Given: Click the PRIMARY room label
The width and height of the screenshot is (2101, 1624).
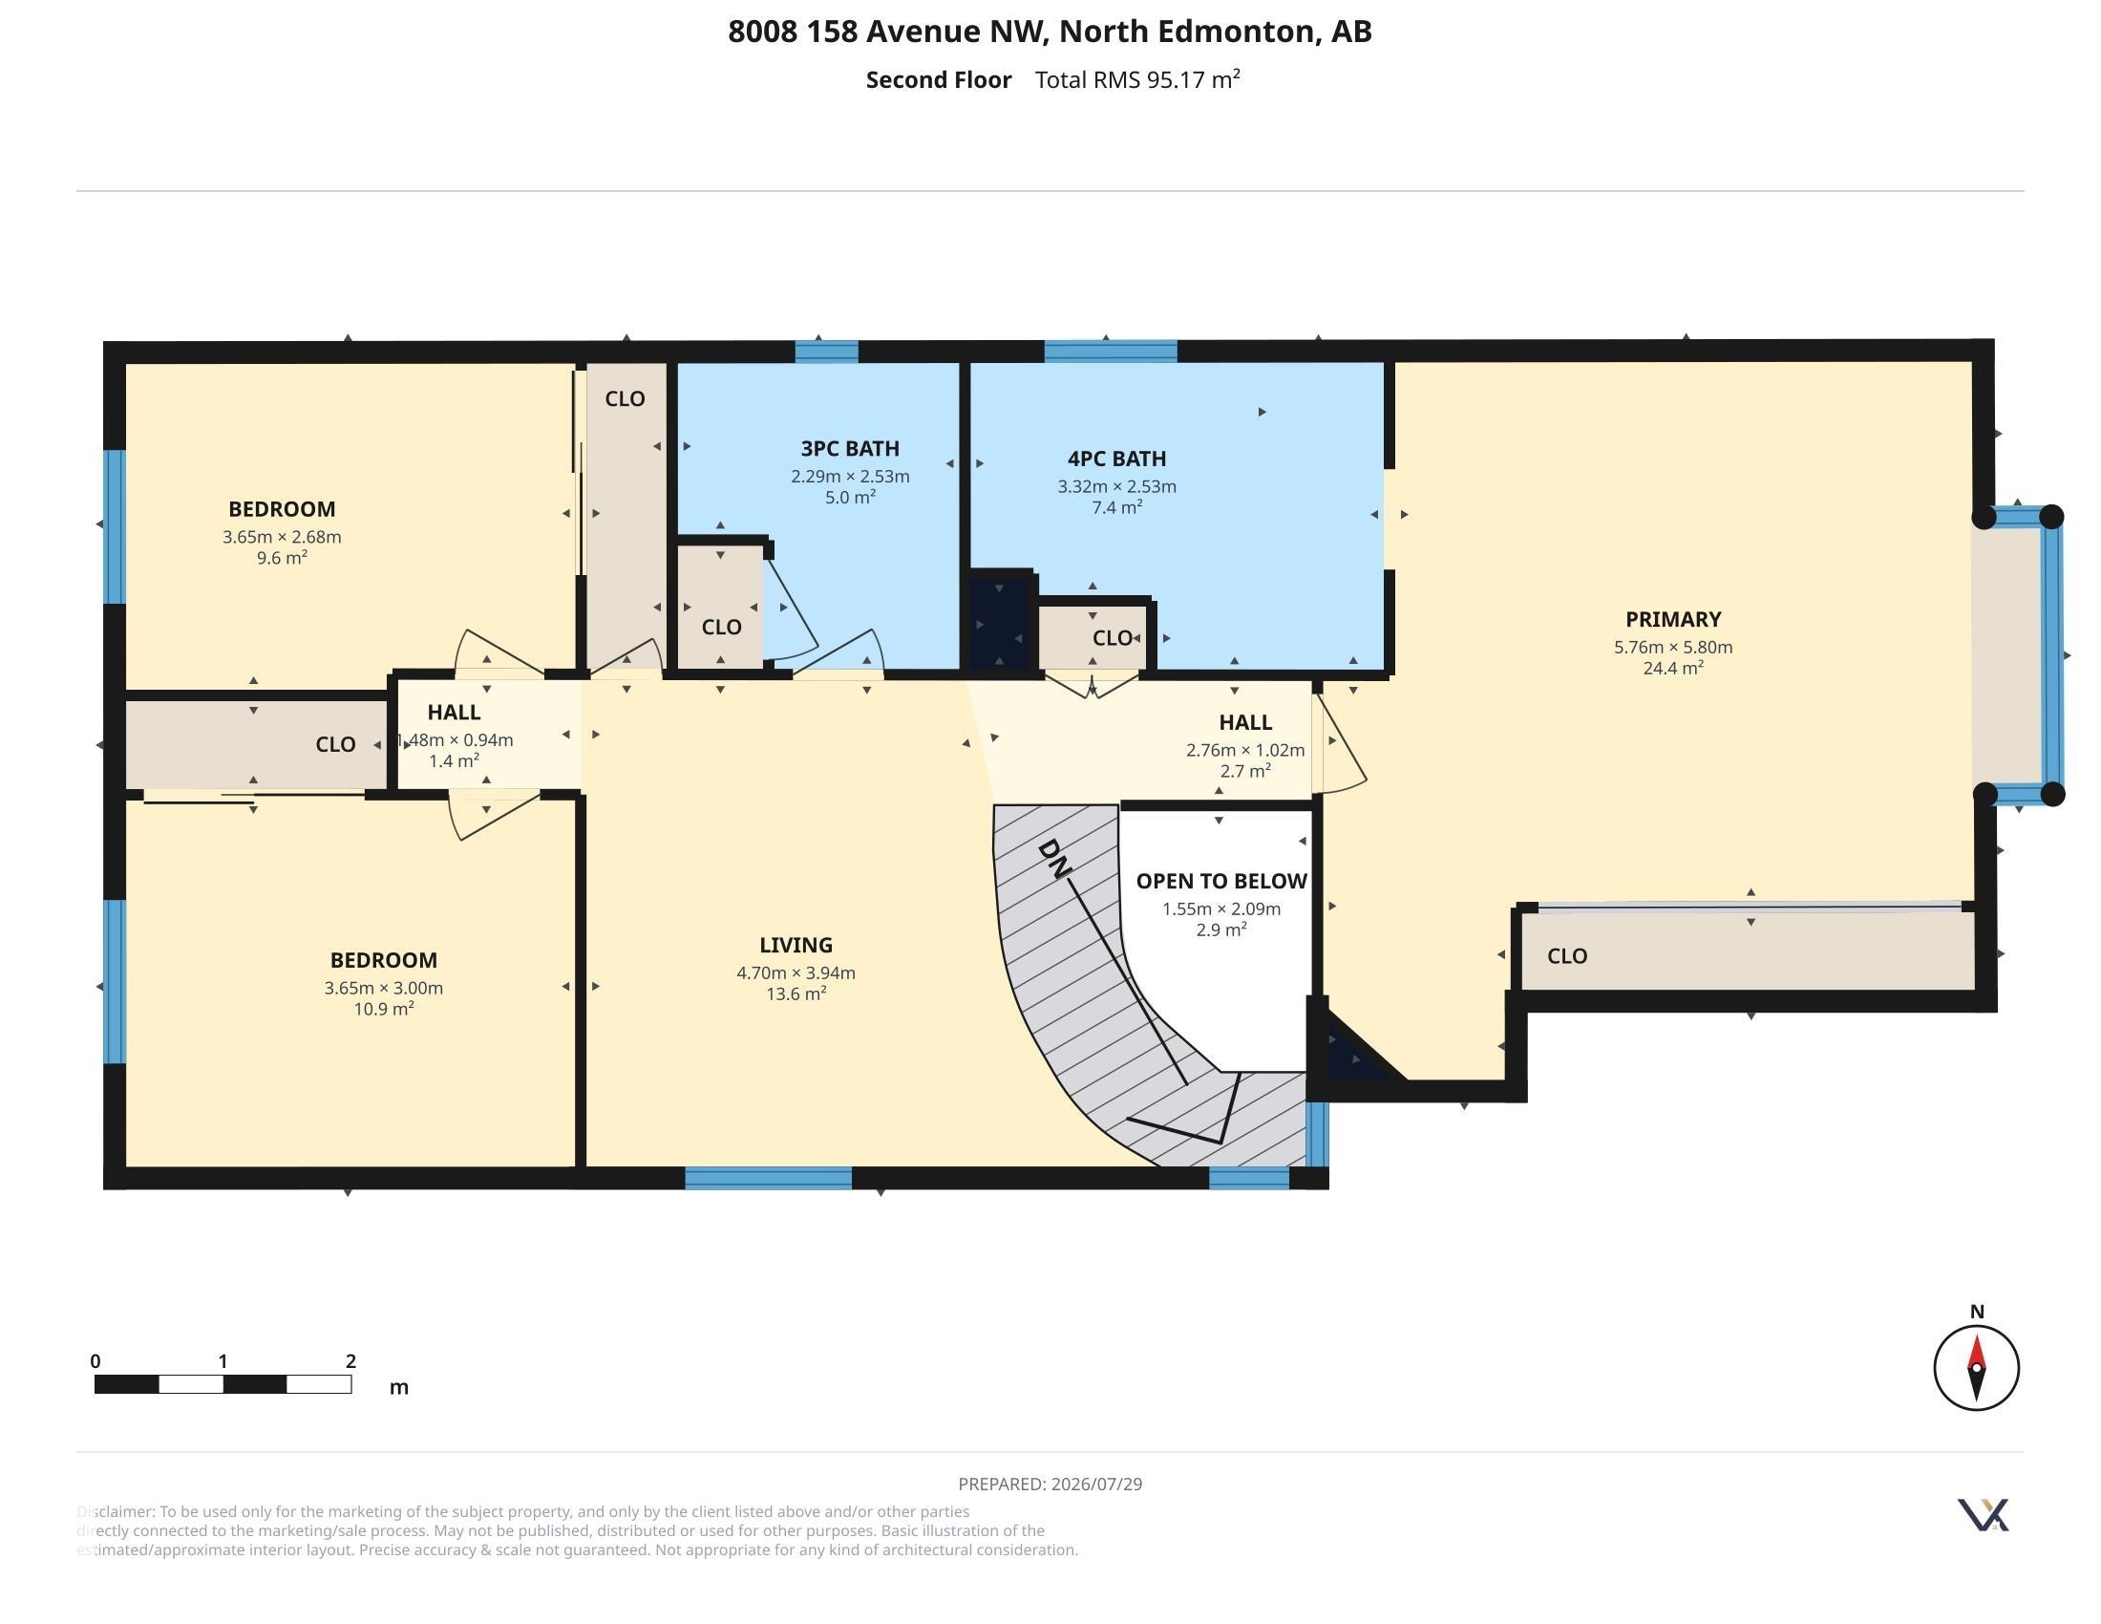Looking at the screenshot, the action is click(x=1673, y=620).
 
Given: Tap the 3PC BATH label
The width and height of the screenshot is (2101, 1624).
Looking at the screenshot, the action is click(x=849, y=448).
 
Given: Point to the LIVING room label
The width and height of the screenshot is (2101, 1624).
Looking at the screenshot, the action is click(x=796, y=945).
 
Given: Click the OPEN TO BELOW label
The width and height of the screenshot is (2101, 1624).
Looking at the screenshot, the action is click(x=1220, y=882).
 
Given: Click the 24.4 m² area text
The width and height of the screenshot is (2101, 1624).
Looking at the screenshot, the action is click(x=1673, y=668).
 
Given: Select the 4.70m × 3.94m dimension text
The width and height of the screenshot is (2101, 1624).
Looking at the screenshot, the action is click(x=796, y=972).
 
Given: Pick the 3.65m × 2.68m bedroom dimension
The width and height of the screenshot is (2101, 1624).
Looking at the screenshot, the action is click(x=282, y=537).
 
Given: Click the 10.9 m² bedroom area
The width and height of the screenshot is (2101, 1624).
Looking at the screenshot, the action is click(x=384, y=1008).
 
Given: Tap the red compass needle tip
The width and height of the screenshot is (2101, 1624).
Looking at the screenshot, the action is click(x=1977, y=1336).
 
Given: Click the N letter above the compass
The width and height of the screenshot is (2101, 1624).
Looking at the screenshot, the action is click(x=1977, y=1312).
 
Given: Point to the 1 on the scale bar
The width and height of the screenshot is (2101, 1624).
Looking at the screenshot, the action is click(x=223, y=1361).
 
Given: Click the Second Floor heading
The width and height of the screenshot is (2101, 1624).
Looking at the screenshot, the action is click(x=939, y=80).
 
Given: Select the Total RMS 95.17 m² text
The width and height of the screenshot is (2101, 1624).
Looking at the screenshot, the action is click(x=1137, y=79).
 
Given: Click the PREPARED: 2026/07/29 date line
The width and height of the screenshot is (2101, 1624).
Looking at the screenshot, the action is click(x=1050, y=1484).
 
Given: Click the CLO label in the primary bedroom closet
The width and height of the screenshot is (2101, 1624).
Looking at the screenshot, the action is click(x=1567, y=956).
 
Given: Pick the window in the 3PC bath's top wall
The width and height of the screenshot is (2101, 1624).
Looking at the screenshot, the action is click(x=826, y=352).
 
